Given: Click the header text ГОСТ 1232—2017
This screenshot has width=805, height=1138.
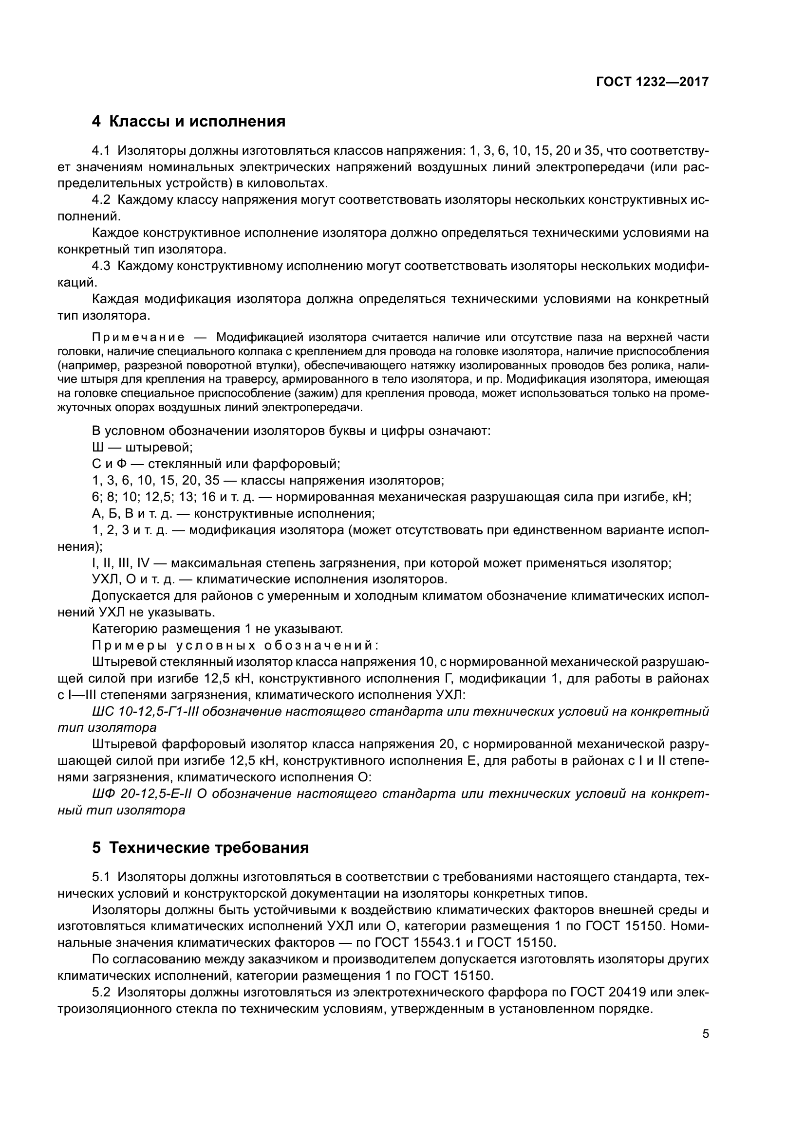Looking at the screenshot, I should tap(652, 82).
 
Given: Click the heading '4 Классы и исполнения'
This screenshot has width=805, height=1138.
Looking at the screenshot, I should tap(188, 122).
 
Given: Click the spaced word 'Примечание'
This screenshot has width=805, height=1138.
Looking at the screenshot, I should tap(138, 338).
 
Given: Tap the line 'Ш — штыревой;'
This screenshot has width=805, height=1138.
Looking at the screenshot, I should tap(142, 448).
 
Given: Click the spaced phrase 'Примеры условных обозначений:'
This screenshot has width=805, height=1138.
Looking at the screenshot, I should tap(236, 646).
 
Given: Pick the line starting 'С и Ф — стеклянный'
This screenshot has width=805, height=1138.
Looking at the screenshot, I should tap(216, 464).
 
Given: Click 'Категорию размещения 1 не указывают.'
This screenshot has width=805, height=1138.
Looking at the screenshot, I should tap(217, 629).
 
